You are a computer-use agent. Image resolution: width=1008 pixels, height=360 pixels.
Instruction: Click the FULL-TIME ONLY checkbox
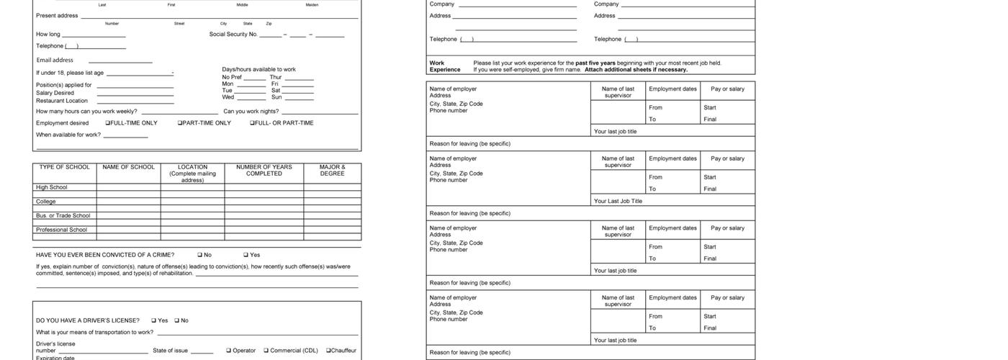(x=108, y=123)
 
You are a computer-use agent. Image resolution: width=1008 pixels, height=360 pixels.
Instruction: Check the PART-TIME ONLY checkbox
(x=180, y=123)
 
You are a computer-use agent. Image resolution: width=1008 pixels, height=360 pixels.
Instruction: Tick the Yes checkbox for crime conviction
(x=246, y=255)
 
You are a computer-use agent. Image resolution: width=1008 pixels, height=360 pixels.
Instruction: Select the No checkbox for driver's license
(x=176, y=320)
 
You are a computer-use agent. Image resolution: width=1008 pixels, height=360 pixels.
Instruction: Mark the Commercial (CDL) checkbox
(x=266, y=351)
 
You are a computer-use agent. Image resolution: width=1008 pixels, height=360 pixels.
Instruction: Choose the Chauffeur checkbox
(x=328, y=351)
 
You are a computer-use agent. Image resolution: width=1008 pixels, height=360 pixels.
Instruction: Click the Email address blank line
(x=120, y=62)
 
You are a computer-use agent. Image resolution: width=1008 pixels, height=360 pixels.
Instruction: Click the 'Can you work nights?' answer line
(x=320, y=113)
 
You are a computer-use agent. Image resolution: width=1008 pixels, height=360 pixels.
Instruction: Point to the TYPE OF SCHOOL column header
(x=65, y=167)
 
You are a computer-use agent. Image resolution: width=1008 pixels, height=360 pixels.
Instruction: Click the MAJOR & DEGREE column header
(x=332, y=170)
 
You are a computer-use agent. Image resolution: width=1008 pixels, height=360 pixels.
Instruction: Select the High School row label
(x=52, y=187)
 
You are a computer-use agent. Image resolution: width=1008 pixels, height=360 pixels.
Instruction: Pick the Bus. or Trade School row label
(x=63, y=215)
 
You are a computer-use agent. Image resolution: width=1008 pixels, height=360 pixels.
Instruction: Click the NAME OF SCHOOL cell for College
(x=128, y=202)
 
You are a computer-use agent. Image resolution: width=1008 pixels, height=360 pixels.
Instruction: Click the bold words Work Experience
(x=445, y=66)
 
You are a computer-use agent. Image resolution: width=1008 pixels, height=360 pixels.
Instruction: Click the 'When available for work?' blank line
(x=125, y=136)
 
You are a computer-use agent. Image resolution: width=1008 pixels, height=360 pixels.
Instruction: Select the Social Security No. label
(x=233, y=34)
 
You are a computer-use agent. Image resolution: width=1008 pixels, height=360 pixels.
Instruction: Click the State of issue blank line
(x=202, y=353)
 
